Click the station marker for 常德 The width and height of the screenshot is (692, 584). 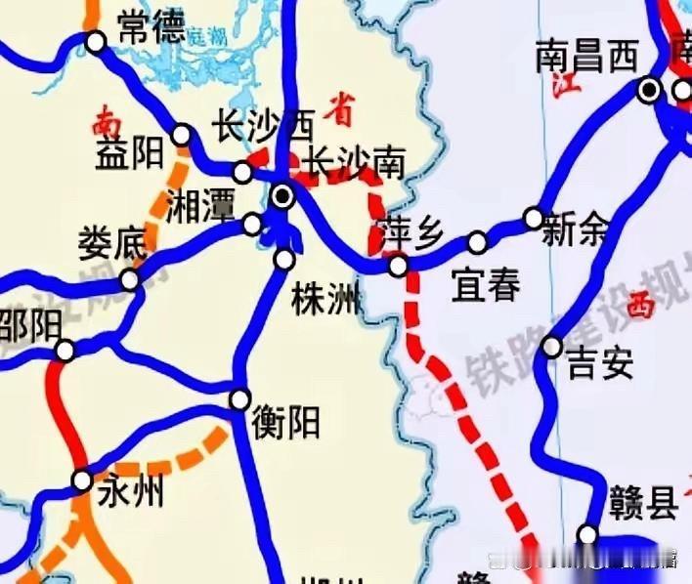point(95,42)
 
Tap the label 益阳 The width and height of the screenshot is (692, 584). point(129,154)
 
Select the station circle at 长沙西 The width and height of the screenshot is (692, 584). point(242,173)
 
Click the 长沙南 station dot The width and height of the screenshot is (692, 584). point(282,196)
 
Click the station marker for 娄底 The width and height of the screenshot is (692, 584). point(129,280)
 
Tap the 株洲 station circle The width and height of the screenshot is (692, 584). point(284,260)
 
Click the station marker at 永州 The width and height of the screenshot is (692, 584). point(83,480)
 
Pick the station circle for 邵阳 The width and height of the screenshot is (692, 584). point(65,351)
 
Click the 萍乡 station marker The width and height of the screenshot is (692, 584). point(398,266)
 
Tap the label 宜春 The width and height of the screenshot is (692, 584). point(486,286)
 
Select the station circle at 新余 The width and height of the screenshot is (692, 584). point(534,218)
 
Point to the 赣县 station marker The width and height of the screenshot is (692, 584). point(587,534)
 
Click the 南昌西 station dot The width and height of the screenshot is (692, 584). point(648,91)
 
